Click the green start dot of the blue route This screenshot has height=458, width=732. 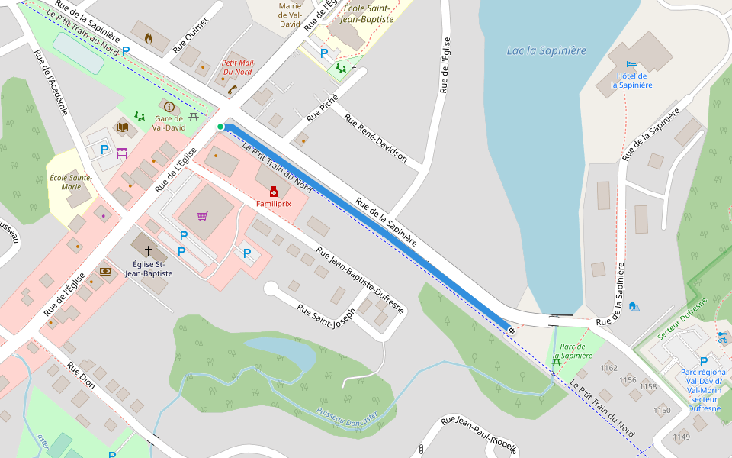[x=220, y=127]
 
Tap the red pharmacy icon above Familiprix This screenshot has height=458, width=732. [x=273, y=192]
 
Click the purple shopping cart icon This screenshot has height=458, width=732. [x=202, y=216]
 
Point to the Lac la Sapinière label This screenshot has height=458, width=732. [x=546, y=51]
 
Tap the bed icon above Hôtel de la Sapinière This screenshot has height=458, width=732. [x=631, y=65]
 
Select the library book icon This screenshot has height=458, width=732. [x=122, y=127]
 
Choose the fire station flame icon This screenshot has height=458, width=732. [x=148, y=37]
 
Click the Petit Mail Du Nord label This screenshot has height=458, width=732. [x=236, y=67]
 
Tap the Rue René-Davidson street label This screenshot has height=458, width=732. [x=375, y=139]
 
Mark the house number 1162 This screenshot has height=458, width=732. [x=608, y=368]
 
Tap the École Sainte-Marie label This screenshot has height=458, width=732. [x=70, y=182]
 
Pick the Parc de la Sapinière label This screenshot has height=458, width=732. [x=572, y=350]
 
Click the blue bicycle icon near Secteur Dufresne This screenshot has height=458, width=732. [x=722, y=337]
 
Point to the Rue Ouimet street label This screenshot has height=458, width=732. [x=191, y=34]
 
